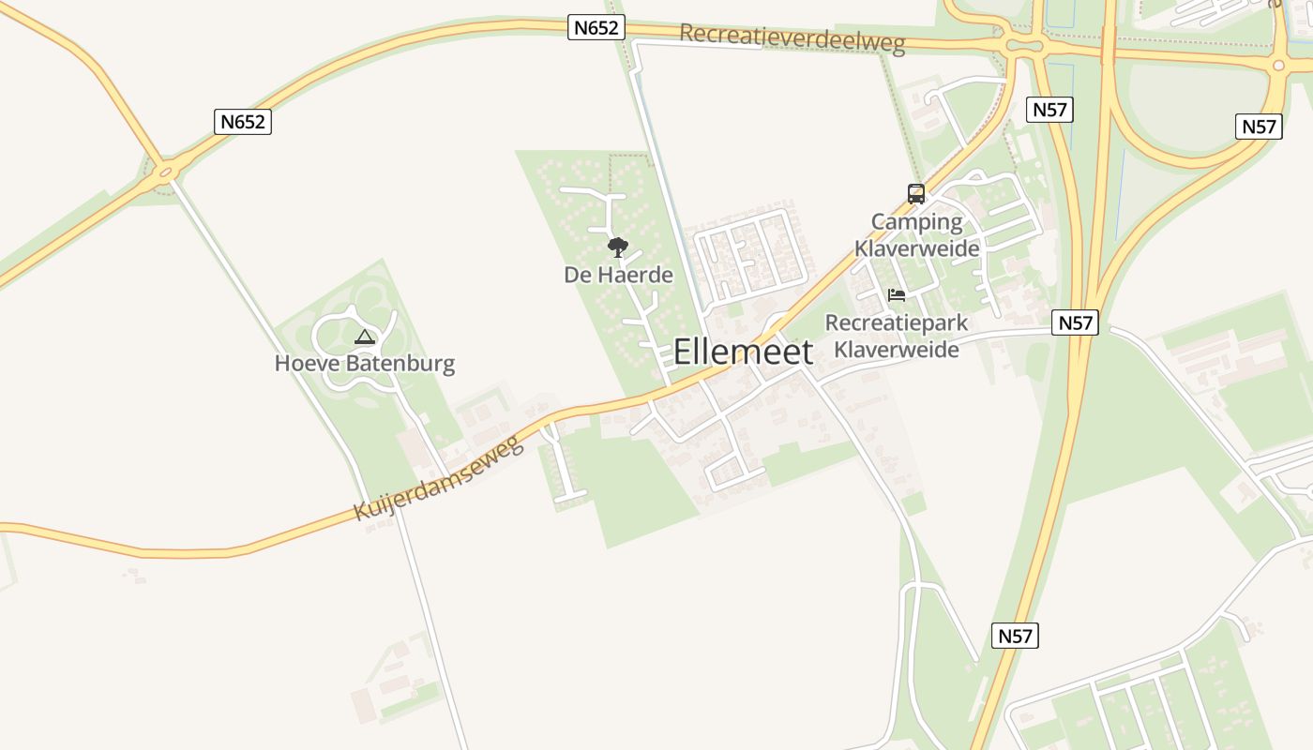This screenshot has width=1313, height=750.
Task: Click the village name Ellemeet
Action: [743, 352]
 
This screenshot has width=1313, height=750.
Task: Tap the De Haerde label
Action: [618, 275]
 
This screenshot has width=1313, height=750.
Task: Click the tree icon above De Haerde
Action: [617, 247]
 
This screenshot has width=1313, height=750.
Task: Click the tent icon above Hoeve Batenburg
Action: [365, 337]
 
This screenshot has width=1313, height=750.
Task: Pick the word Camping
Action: [916, 223]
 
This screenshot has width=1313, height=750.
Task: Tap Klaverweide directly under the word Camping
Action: [916, 248]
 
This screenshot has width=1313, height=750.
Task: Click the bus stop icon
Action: [916, 194]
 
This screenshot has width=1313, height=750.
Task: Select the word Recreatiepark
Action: [897, 323]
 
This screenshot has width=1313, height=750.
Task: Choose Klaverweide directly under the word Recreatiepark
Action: [897, 350]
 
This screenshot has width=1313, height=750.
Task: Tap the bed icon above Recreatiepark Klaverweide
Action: [897, 295]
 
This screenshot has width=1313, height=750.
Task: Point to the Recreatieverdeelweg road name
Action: [792, 37]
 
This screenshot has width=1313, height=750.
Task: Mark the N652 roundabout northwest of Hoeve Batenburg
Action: [167, 172]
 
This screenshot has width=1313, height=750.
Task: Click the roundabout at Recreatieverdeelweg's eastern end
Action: [1022, 45]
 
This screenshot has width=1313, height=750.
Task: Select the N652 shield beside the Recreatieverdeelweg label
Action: [596, 28]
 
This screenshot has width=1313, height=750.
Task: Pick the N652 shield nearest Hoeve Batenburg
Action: [243, 122]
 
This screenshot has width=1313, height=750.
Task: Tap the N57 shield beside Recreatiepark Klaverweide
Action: [1075, 323]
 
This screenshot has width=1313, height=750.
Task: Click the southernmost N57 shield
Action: [1015, 637]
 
